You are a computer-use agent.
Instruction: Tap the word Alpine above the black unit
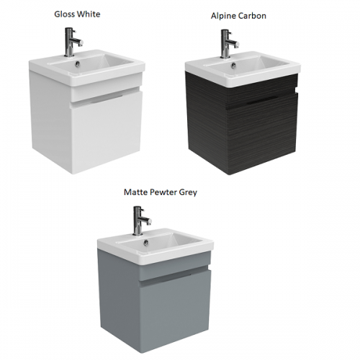tap(223, 16)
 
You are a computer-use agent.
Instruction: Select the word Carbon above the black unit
tap(251, 16)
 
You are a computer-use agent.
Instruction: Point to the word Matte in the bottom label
tap(135, 192)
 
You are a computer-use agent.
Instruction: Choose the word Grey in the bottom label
tap(188, 193)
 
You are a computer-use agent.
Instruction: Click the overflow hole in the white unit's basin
tap(77, 63)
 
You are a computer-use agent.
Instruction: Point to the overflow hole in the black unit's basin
tap(233, 65)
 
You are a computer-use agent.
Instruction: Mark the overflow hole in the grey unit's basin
tap(145, 242)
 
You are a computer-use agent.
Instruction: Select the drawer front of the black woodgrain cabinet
tap(262, 134)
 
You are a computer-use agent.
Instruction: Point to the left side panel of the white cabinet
tap(51, 120)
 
